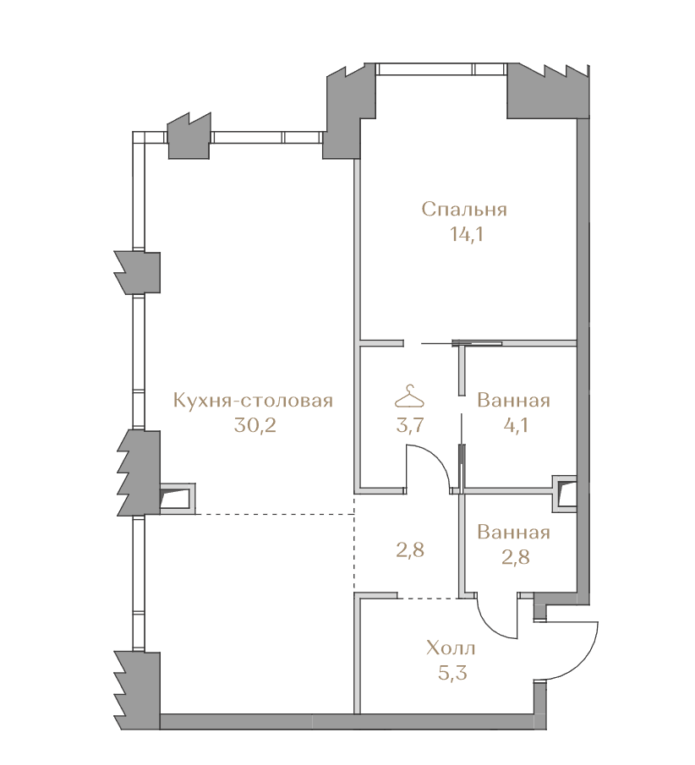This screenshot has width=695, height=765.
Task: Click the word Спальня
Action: (x=464, y=210)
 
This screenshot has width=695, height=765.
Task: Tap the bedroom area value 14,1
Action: (x=466, y=235)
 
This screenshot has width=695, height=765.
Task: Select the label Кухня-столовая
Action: (x=254, y=401)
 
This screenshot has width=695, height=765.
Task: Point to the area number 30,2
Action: (x=254, y=426)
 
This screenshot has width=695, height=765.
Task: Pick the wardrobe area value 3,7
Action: (x=409, y=426)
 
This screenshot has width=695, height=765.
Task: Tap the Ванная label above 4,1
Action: (x=513, y=401)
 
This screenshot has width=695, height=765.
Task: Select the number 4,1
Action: (x=514, y=426)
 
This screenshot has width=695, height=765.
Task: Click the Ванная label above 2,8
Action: (x=513, y=533)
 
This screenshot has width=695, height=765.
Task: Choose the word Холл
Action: (x=451, y=649)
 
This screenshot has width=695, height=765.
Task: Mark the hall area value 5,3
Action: (x=452, y=674)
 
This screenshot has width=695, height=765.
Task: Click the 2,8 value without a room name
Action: (x=410, y=550)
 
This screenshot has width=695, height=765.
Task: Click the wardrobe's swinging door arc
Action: (x=438, y=461)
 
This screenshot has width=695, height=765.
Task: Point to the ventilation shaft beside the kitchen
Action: (x=178, y=499)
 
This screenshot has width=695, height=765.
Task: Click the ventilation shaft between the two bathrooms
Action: (x=565, y=494)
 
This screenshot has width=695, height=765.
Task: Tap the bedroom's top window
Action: (x=442, y=68)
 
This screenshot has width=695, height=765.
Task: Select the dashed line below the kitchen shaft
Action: (x=275, y=514)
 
